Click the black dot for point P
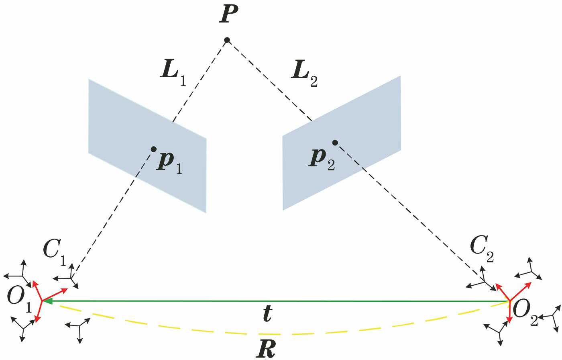click(x=227, y=40)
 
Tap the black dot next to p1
click(x=153, y=149)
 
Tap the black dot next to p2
click(x=335, y=142)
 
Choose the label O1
click(x=18, y=299)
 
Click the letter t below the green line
click(x=267, y=313)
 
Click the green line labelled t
click(x=281, y=301)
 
